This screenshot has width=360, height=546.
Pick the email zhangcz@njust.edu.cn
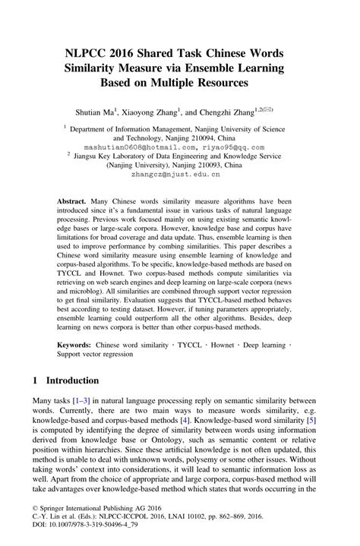[x=179, y=173]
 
